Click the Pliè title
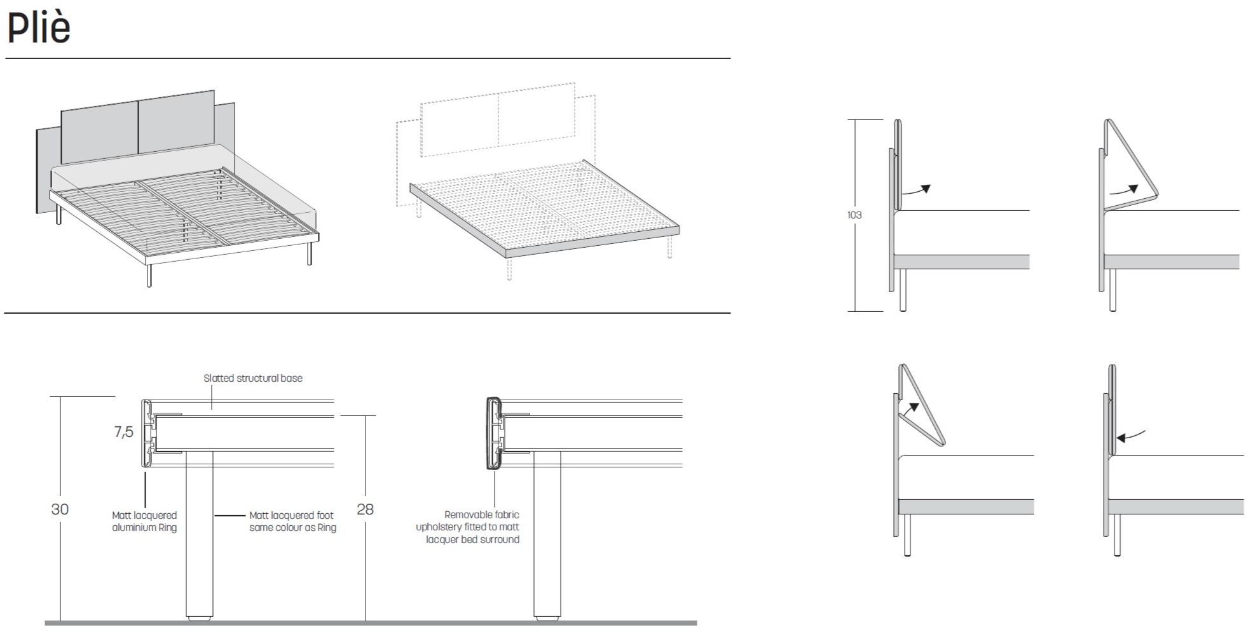39,29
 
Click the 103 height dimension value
854,215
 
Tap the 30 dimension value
60,509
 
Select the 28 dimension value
365,509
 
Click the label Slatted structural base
253,379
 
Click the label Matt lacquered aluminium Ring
144,521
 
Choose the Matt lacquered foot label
292,521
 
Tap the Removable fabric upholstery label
468,527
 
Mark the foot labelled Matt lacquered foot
200,534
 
